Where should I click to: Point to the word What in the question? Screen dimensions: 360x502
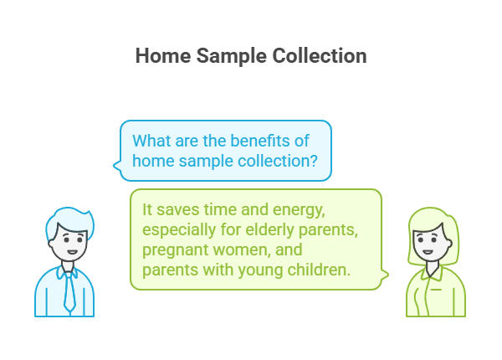151,139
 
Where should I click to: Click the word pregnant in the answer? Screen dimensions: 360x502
175,250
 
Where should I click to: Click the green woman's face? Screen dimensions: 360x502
428,243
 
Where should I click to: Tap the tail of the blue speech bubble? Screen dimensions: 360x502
119,173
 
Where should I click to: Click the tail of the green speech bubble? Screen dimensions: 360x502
386,274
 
